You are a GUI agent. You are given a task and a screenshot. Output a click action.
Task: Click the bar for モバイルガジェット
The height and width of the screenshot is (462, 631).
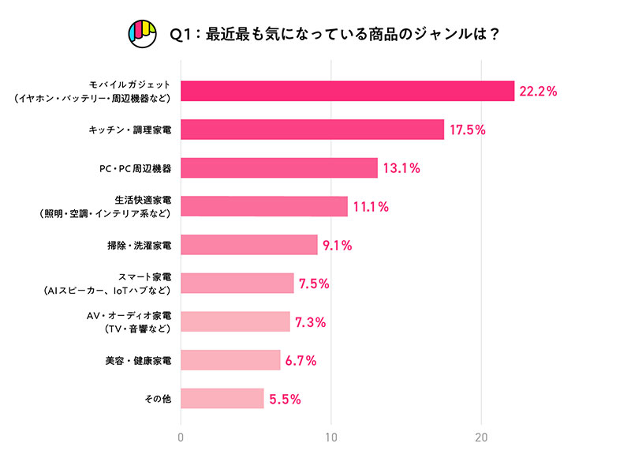tap(347, 91)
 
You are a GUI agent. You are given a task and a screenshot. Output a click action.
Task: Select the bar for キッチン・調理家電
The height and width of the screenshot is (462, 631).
tap(312, 130)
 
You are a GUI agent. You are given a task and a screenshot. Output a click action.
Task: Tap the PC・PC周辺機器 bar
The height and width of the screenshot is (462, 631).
tap(279, 167)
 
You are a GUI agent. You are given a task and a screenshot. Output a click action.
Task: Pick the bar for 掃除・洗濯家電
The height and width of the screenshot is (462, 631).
tap(249, 245)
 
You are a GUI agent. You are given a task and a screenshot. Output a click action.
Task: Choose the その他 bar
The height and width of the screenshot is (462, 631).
tap(222, 398)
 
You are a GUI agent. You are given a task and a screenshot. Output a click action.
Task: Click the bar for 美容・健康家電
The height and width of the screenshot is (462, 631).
tap(230, 360)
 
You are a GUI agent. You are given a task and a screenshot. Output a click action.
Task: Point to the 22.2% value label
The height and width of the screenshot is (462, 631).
tap(539, 92)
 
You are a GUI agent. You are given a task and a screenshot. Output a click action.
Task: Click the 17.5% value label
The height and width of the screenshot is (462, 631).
tap(468, 130)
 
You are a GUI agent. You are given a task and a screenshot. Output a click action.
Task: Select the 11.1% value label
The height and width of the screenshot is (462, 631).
tap(372, 207)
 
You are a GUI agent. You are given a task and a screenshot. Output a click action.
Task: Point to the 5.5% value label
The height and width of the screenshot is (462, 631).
tap(286, 399)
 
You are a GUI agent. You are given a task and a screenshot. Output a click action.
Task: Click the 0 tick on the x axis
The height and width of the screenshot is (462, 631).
tap(181, 437)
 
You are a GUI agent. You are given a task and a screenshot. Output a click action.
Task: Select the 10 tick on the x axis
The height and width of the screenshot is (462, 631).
tap(331, 437)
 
